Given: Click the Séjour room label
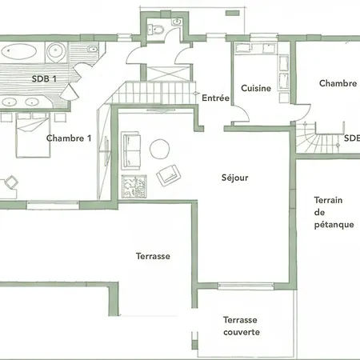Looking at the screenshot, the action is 234,178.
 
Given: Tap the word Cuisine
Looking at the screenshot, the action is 256,88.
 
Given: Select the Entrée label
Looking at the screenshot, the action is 215,98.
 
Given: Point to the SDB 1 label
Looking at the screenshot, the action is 44,78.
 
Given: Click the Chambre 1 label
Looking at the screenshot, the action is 69,138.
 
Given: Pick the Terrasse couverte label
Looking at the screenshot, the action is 242,326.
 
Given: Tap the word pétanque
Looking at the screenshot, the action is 334,225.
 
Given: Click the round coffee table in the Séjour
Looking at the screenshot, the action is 159,149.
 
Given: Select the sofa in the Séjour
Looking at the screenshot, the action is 130,150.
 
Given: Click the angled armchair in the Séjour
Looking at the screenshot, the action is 168,175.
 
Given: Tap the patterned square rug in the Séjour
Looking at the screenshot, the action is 134,186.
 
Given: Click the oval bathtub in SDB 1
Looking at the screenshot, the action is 19,51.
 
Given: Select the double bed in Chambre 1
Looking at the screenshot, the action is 33,135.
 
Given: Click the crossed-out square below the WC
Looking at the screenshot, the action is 168,72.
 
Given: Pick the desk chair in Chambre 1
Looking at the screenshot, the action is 11,182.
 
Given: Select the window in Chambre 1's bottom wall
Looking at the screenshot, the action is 53,205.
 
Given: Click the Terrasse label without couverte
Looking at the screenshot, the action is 153,256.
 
